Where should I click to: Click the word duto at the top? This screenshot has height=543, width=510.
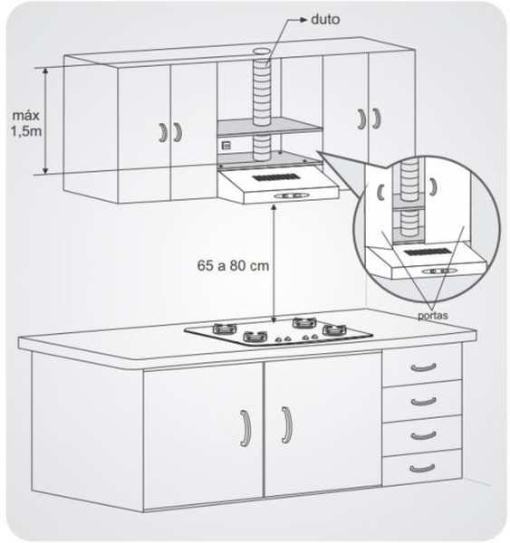[x=325, y=19]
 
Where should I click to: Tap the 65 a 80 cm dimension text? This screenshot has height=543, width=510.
[x=233, y=265]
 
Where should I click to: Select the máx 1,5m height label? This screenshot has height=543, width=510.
[x=26, y=123]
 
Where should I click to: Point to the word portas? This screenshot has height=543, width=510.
[x=432, y=316]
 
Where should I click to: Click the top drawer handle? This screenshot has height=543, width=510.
[x=423, y=367]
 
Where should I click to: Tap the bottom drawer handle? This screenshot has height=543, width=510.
[x=422, y=468]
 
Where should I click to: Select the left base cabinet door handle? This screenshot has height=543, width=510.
[x=245, y=428]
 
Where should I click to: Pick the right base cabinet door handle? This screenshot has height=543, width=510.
[x=287, y=424]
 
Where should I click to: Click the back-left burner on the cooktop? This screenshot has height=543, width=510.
[x=225, y=328]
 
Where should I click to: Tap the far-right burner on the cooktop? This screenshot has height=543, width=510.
[x=334, y=329]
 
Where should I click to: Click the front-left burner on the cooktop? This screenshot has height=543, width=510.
[x=255, y=337]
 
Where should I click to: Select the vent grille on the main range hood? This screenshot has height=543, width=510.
[x=276, y=178]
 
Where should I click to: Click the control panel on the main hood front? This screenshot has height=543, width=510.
[x=291, y=196]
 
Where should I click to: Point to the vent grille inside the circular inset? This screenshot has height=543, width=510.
[x=428, y=252]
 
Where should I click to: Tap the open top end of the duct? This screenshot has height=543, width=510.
[x=262, y=52]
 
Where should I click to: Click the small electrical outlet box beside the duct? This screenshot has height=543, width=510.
[x=226, y=146]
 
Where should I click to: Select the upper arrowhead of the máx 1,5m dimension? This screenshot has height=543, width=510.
[x=45, y=71]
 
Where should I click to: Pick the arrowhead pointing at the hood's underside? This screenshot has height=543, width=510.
[x=274, y=208]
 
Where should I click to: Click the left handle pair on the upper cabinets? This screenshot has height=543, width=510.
[x=170, y=132]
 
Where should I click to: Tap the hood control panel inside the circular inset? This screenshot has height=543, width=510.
[x=439, y=271]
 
